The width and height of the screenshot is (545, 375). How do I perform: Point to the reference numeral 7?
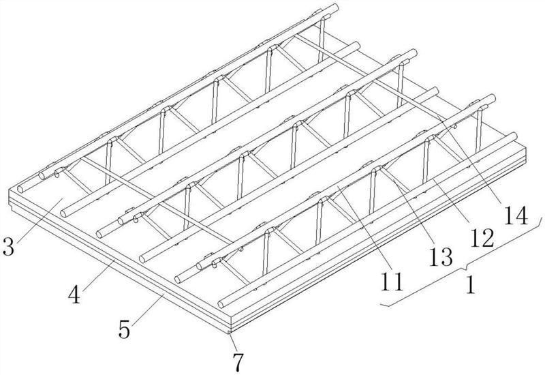236,361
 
